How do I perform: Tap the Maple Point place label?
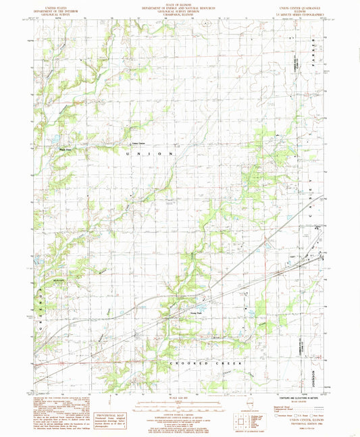pos(65,150)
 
